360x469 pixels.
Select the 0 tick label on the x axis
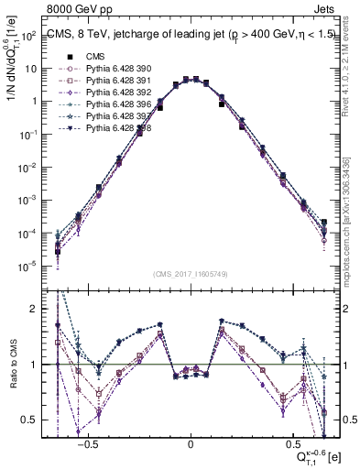pos(191,442)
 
